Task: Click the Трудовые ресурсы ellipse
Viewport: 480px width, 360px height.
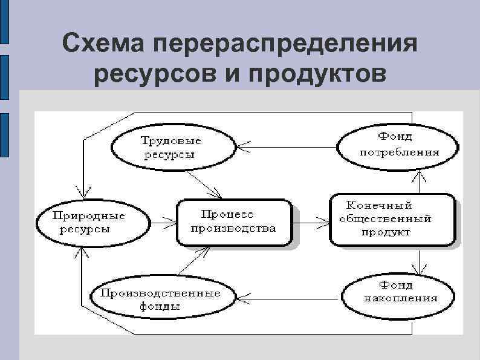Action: click(172, 148)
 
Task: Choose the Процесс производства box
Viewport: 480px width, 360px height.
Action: click(233, 222)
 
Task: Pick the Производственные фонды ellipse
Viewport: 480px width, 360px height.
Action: click(161, 299)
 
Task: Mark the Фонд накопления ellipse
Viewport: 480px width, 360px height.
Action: click(397, 297)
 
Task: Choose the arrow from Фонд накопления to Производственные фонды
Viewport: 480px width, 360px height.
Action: click(288, 298)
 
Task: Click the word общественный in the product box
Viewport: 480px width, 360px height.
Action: click(386, 219)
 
